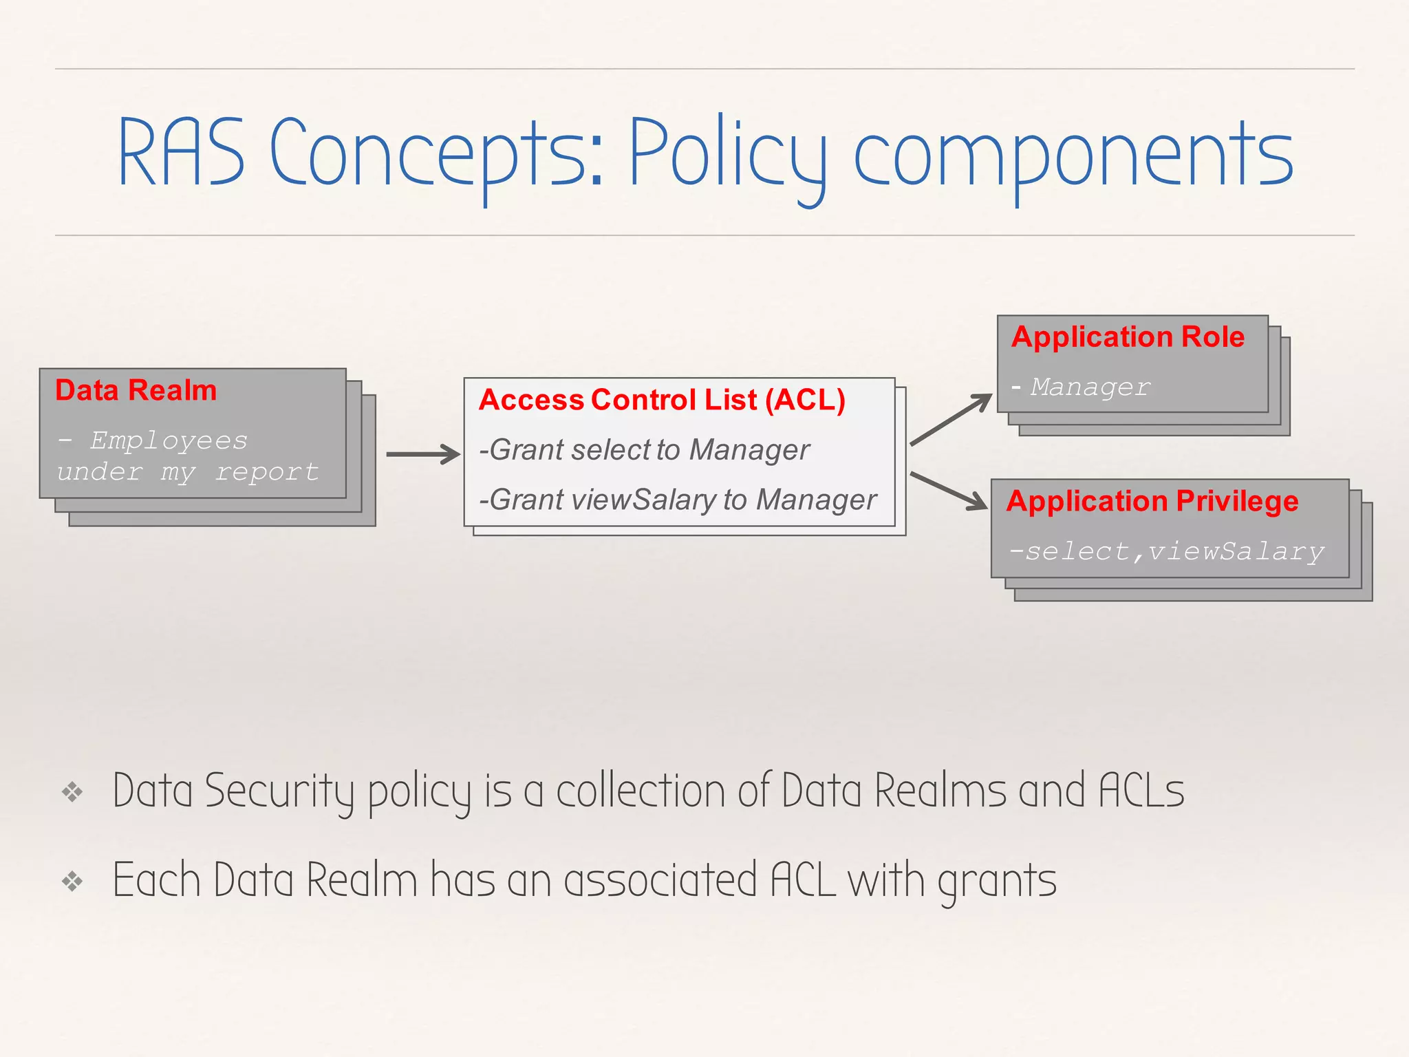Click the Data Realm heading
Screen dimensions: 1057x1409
pos(136,390)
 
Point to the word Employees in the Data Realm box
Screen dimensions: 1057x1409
pos(169,440)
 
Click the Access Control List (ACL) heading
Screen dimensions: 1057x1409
pos(662,400)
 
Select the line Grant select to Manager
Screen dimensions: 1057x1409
pos(645,450)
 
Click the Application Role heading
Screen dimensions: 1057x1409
pos(1128,337)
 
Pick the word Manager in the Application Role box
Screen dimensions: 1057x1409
pos(1090,387)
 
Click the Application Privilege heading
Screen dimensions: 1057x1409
pos(1152,501)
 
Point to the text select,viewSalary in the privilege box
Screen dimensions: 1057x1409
pos(1167,551)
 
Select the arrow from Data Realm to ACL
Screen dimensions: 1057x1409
pos(423,454)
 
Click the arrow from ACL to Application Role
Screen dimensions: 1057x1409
pos(951,419)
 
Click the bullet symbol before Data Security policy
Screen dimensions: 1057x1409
pos(72,792)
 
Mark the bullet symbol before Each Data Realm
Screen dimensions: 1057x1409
pos(72,881)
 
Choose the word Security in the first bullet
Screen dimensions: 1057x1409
pos(279,791)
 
